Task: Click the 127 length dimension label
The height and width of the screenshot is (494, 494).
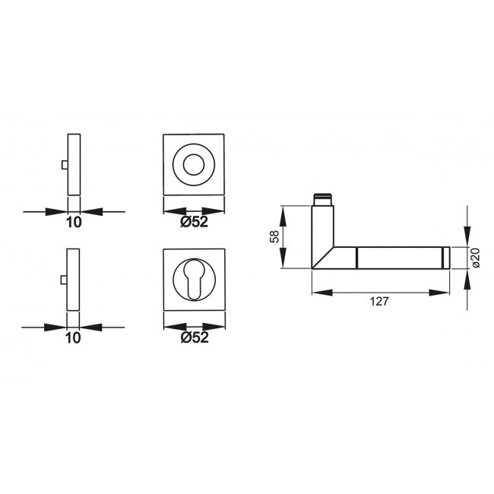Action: tap(380, 302)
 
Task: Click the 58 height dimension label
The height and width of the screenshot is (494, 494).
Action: tap(274, 237)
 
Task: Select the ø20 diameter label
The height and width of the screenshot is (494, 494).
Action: tap(475, 258)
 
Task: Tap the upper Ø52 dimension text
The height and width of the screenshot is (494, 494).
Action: tap(195, 222)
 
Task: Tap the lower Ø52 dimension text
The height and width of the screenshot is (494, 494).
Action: tap(195, 338)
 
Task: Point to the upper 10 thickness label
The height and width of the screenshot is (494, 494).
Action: tap(74, 222)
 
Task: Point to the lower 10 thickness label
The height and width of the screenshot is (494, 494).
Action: tap(74, 338)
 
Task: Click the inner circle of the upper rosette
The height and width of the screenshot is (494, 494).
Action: tap(195, 165)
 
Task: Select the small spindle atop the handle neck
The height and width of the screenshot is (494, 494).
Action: tap(321, 199)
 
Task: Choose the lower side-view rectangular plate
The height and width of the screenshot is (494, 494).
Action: tap(74, 280)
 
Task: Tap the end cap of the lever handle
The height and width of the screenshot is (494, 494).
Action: tap(448, 258)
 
